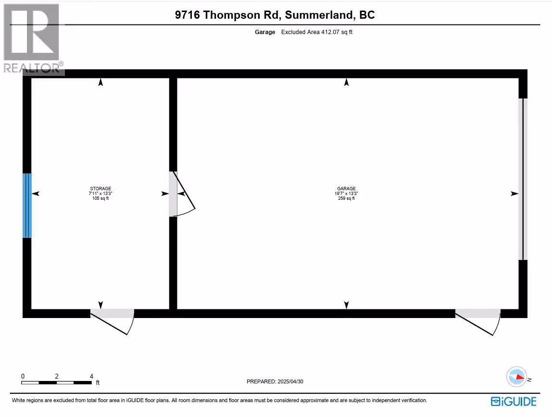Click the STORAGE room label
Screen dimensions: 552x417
tap(100, 189)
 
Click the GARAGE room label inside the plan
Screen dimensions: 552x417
tap(346, 189)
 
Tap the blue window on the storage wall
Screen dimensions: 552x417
tap(27, 206)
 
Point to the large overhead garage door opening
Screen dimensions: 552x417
tap(523, 179)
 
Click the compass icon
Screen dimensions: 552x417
tap(516, 377)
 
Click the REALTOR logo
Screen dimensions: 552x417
tap(32, 38)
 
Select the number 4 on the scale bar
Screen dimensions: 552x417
tap(91, 376)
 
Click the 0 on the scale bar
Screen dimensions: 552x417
tap(23, 376)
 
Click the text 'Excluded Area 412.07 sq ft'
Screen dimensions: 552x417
tap(317, 32)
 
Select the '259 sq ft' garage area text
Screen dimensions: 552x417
tap(346, 198)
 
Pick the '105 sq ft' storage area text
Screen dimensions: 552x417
tap(100, 198)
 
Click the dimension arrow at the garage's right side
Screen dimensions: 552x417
tap(514, 194)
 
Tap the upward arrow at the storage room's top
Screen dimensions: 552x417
tap(100, 83)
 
